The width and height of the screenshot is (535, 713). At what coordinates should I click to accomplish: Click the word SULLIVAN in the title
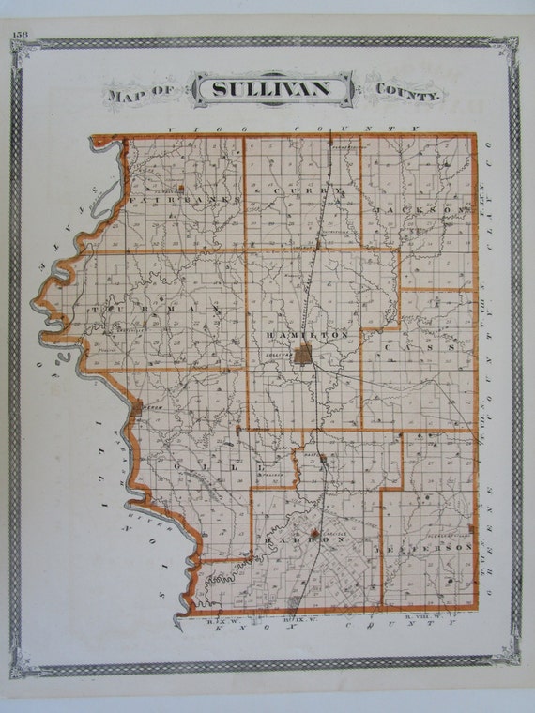(272, 89)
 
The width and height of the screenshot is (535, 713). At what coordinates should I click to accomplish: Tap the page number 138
(20, 35)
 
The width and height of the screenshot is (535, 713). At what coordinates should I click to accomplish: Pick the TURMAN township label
(155, 310)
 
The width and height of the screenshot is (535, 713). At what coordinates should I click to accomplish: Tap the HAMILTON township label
(307, 334)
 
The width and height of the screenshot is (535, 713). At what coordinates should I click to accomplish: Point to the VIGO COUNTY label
(292, 128)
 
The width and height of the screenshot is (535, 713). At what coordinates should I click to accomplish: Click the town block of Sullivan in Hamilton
(302, 354)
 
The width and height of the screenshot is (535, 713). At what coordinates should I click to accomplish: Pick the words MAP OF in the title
(140, 94)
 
